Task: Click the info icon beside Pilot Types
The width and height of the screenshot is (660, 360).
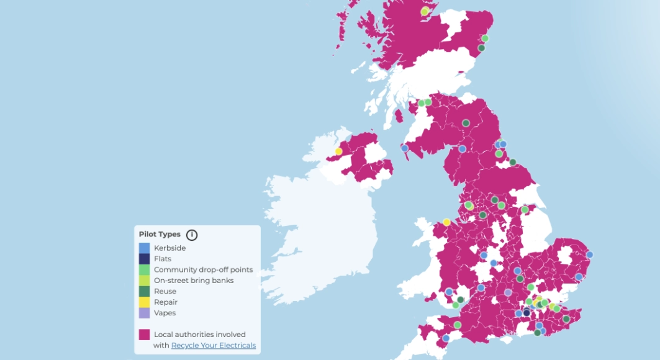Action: (192, 235)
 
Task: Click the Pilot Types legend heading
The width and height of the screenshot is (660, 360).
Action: (160, 235)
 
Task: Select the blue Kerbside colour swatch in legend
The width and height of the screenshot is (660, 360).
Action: (144, 248)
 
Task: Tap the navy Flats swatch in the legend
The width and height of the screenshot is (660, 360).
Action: (144, 259)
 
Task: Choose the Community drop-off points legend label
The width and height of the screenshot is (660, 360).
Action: (203, 269)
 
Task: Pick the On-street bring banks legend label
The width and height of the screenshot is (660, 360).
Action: (194, 281)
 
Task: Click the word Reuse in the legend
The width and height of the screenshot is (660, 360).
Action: (165, 291)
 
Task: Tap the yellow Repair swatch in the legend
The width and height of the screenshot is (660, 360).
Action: (144, 302)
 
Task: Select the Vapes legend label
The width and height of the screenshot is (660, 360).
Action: (165, 313)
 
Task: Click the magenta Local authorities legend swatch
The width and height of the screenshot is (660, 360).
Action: (144, 335)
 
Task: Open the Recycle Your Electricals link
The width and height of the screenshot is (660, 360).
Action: (213, 345)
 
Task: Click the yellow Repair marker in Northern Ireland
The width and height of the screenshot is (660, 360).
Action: (338, 151)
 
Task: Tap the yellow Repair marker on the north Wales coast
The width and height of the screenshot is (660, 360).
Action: (446, 222)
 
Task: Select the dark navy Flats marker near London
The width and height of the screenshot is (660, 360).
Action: (527, 312)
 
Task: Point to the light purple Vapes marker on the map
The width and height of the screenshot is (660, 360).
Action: (508, 292)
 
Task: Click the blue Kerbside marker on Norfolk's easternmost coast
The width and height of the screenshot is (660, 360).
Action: (589, 254)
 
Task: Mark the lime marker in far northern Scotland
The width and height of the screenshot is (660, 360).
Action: (425, 11)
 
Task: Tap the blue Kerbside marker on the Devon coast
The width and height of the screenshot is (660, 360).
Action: (446, 338)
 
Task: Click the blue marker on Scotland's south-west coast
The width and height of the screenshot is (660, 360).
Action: (405, 148)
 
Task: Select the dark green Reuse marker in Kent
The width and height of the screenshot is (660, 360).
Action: (566, 319)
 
